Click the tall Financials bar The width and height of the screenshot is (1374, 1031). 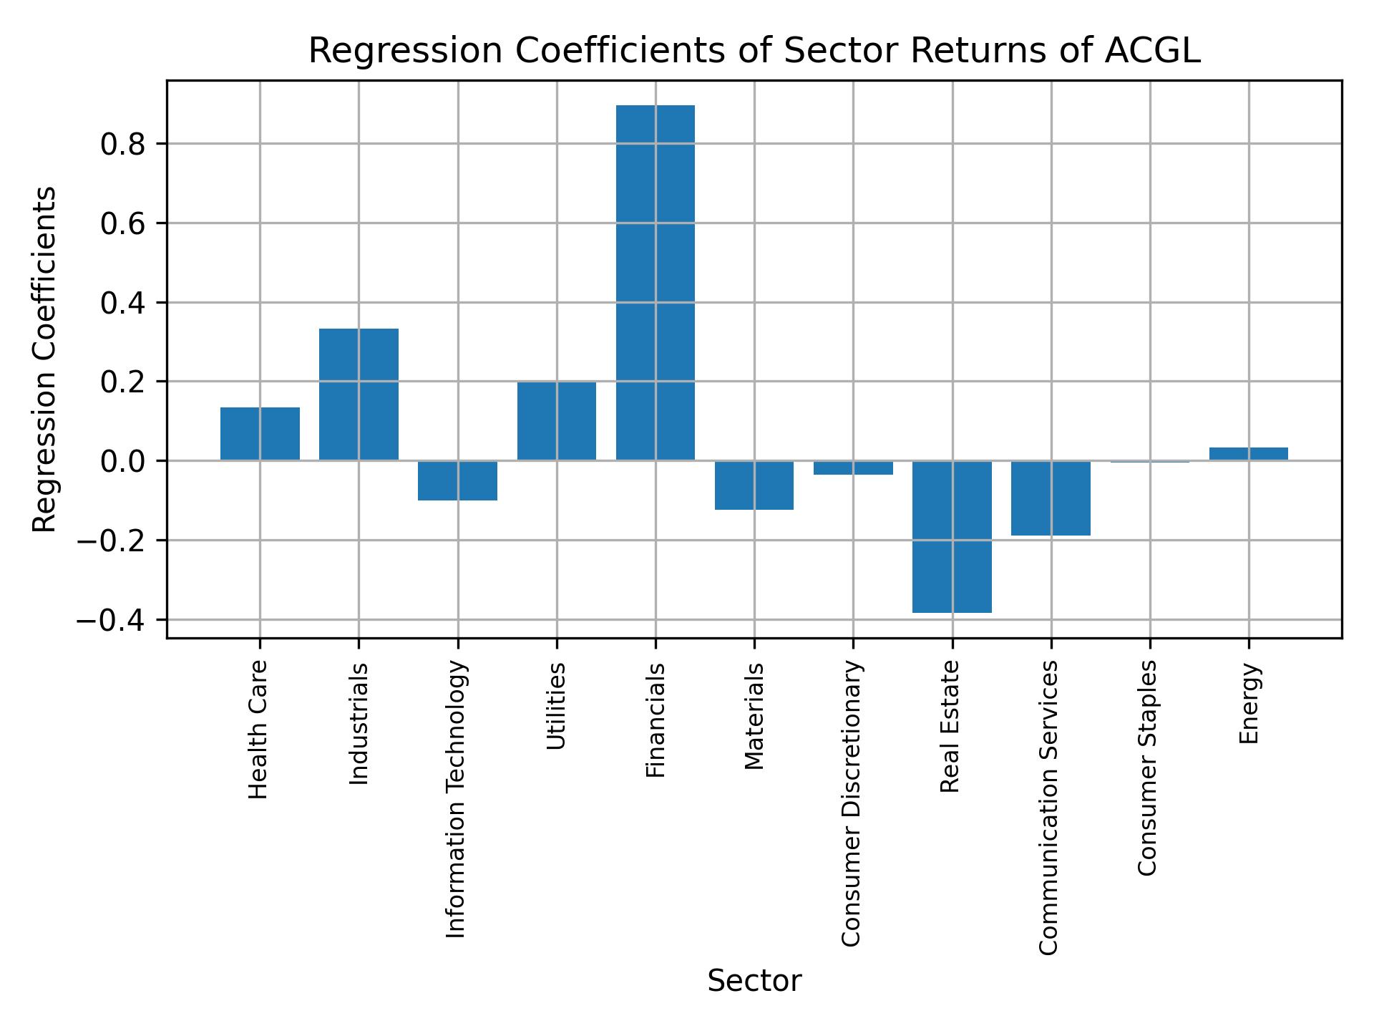(655, 282)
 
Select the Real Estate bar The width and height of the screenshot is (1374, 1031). (952, 536)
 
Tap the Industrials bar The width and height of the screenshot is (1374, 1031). (359, 394)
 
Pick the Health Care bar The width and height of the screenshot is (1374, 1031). (260, 433)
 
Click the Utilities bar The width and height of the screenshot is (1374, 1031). (556, 421)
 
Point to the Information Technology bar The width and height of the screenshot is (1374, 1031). (457, 480)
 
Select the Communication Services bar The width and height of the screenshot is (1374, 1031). (1051, 498)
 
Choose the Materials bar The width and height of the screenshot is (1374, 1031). (754, 485)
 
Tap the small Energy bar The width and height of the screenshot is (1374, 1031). (1248, 453)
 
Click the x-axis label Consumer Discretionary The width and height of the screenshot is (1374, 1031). (852, 803)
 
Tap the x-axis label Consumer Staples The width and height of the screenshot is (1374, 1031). (1148, 768)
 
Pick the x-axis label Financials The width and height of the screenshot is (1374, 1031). (656, 720)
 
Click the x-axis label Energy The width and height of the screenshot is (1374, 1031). (1248, 703)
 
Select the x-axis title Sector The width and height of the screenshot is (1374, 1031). (754, 981)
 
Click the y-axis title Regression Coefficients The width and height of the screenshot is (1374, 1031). (44, 359)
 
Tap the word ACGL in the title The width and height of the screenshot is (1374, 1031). (1151, 52)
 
